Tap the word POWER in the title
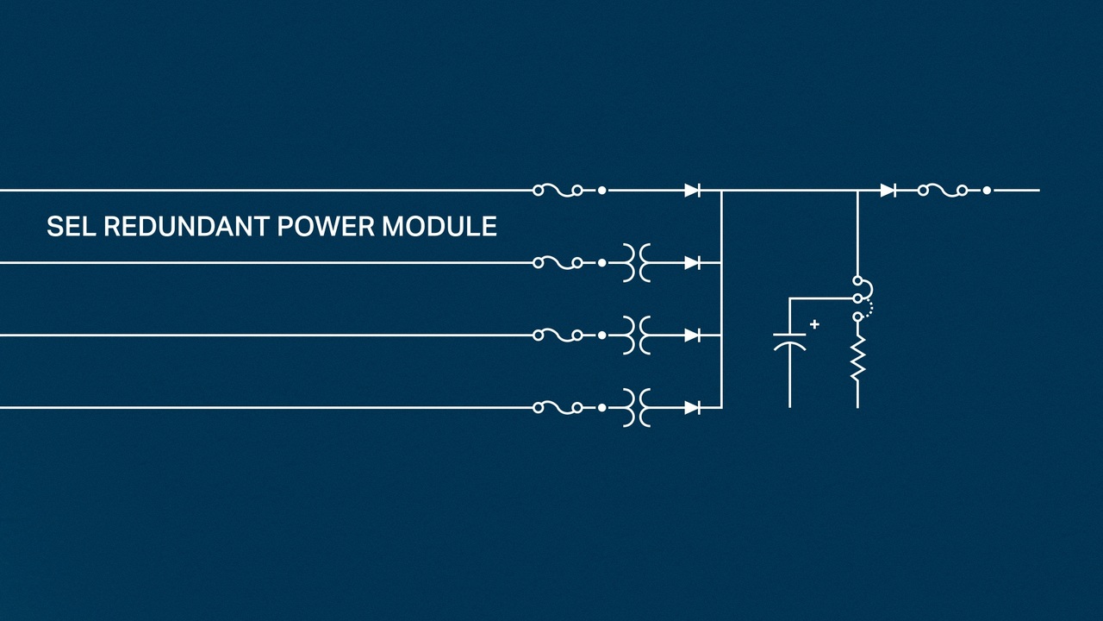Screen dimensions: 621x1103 click(326, 227)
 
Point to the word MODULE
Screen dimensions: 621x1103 click(439, 227)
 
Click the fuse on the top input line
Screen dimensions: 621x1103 click(558, 190)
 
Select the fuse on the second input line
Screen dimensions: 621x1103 click(558, 262)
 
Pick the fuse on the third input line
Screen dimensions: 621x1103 click(558, 335)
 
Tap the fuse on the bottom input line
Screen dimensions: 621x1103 click(558, 407)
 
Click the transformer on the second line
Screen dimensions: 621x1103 click(636, 262)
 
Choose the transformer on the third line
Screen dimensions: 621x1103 click(636, 335)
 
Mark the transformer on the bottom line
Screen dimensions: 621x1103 click(636, 407)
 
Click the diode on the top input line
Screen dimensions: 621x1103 click(692, 190)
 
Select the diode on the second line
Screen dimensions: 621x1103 click(692, 262)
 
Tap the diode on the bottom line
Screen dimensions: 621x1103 click(692, 407)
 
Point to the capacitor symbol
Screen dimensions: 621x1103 click(789, 340)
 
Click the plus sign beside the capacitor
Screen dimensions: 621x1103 click(814, 324)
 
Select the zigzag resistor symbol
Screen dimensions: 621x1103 click(857, 360)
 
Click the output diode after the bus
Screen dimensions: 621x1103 click(888, 190)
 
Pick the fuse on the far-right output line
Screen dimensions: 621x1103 click(943, 190)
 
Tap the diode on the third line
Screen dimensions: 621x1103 click(692, 335)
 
